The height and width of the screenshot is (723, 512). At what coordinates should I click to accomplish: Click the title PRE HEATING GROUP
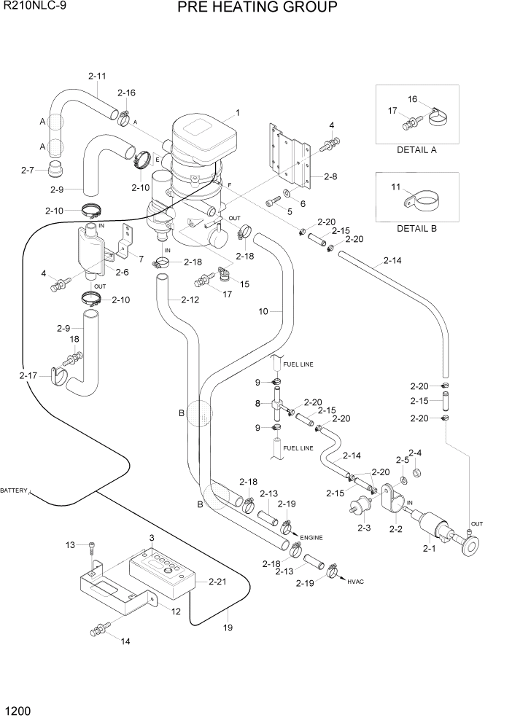point(256,8)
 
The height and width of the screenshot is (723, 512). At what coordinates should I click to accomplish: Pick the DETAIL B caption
point(416,228)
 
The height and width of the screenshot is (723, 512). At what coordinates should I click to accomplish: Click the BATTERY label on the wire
point(14,491)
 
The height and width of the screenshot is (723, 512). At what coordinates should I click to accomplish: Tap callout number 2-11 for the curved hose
point(97,76)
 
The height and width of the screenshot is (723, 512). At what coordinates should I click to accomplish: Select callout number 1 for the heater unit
point(238,113)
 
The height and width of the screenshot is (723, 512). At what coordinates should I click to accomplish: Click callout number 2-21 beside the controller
point(217,581)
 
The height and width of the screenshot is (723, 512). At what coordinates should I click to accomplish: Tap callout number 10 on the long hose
point(266,311)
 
